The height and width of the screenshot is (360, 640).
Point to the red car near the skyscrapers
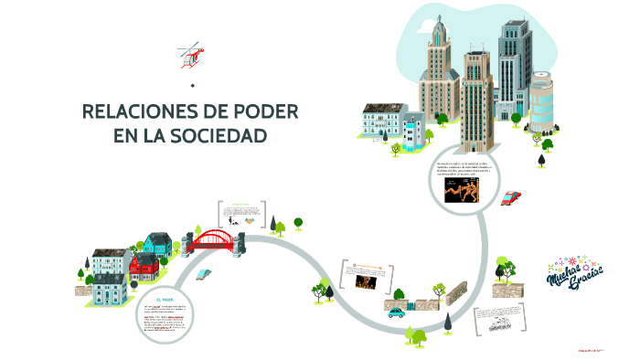511,197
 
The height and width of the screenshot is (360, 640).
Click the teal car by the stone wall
397,312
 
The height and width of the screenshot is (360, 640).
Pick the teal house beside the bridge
157,244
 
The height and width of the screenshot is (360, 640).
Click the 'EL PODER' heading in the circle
165,299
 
